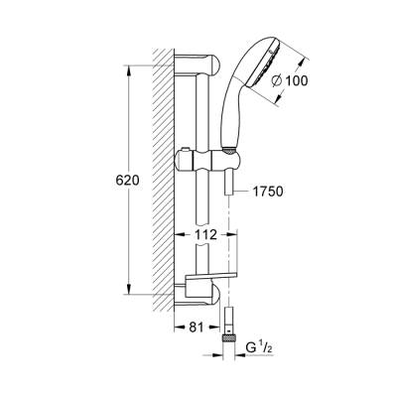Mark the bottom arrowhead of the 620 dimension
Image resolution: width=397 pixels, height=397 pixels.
tap(126, 290)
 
